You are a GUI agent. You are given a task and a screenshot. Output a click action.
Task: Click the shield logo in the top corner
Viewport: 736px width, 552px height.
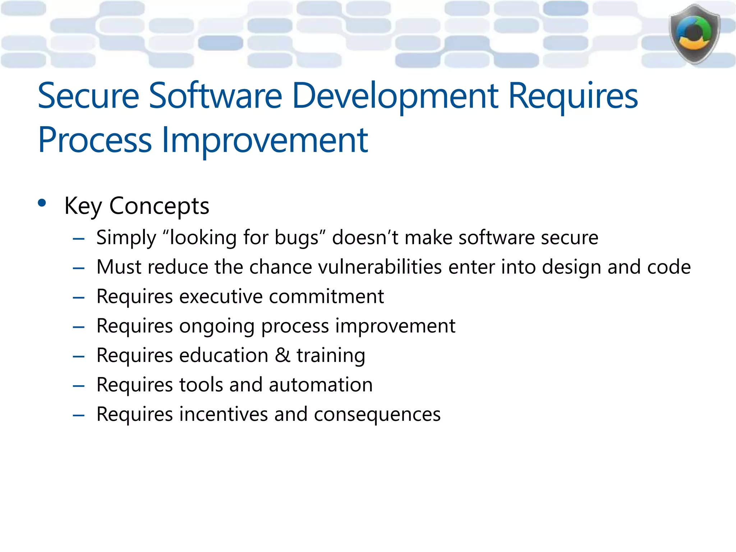click(694, 34)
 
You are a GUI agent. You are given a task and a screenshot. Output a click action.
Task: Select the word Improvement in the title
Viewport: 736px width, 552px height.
click(265, 140)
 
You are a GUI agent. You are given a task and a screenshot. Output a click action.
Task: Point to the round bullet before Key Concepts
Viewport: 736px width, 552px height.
click(42, 203)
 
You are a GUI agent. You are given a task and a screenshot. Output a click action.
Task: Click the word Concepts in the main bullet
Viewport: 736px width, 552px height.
click(159, 206)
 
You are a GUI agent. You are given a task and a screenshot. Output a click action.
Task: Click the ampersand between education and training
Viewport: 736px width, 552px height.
click(282, 355)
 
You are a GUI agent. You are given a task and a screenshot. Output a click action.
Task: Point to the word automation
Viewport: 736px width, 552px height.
click(321, 385)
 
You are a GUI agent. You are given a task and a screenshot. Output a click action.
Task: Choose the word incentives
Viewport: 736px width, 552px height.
click(224, 414)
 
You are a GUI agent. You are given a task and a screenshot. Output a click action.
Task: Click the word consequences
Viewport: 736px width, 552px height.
click(377, 414)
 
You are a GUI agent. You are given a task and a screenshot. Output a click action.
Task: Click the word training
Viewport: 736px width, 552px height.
click(331, 355)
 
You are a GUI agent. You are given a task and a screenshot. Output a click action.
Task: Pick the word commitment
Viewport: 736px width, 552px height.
click(326, 297)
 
